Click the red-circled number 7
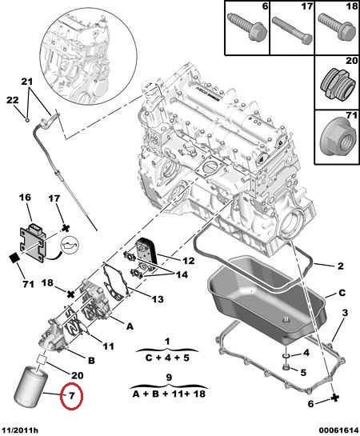71,396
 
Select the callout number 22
13,100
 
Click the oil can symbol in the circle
70,246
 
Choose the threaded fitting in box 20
338,85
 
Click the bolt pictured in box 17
292,30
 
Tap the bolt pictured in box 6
247,27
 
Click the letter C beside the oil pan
342,293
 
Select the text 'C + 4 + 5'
167,358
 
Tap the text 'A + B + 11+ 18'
169,394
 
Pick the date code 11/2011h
20,430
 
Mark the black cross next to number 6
335,398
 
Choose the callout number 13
158,299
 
